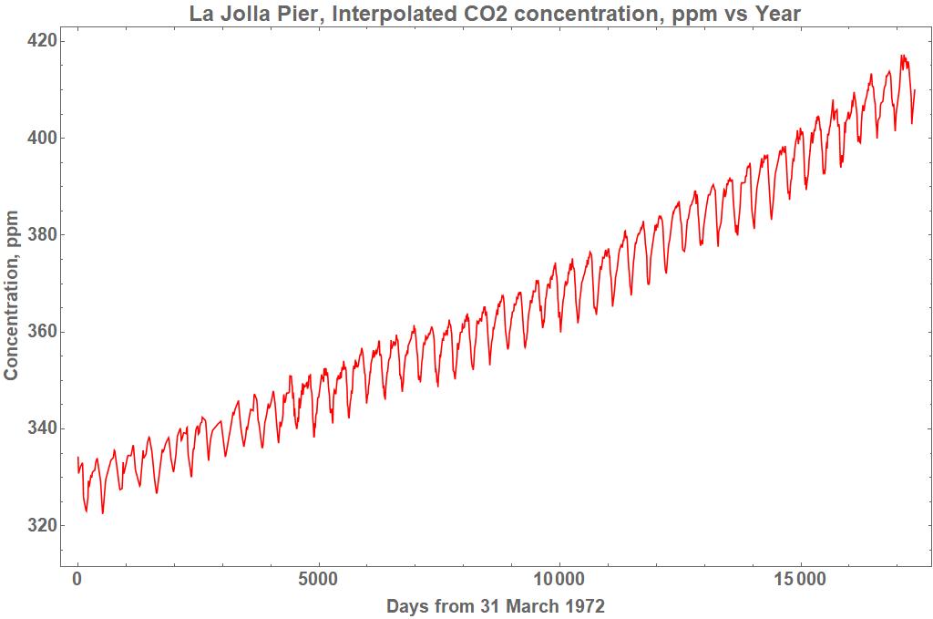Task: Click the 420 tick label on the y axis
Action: click(x=43, y=41)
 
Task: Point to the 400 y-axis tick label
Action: click(x=43, y=138)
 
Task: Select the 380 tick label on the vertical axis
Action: click(x=43, y=234)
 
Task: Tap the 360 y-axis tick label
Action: click(x=43, y=331)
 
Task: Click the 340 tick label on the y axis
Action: click(x=43, y=428)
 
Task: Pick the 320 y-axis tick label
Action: click(x=43, y=525)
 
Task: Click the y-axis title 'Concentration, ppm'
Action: click(x=12, y=294)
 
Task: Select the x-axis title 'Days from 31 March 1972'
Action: click(x=496, y=606)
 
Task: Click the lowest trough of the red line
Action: click(x=102, y=513)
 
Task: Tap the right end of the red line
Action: click(x=914, y=89)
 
